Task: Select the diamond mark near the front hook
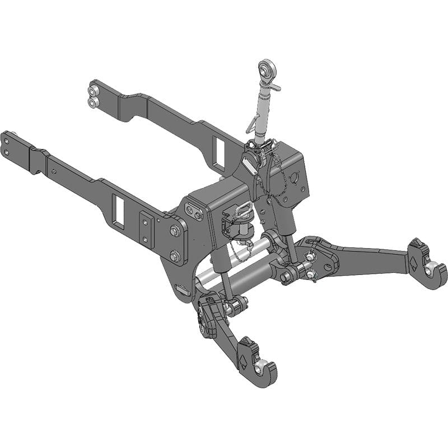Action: [244, 360]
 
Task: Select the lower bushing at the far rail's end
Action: [92, 102]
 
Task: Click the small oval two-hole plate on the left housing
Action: [194, 212]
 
